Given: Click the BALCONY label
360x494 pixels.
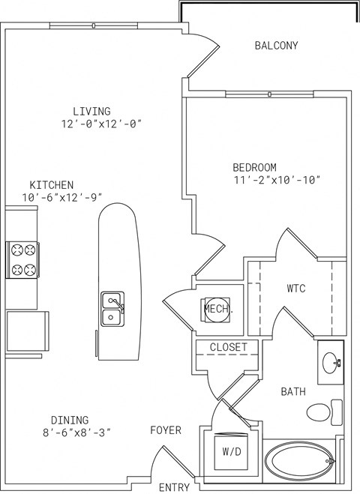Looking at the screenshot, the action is tap(276, 46).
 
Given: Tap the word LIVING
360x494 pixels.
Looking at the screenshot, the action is tap(91, 111).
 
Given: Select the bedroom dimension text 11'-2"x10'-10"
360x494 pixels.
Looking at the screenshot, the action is tap(277, 180).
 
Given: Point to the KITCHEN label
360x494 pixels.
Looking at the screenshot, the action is tap(52, 184).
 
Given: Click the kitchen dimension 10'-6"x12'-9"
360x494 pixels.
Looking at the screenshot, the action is tap(62, 198).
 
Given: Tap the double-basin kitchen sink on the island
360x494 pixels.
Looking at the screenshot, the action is tap(112, 309).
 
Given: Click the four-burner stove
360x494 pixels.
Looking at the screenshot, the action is tap(22, 260).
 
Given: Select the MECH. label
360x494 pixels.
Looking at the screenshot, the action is tap(219, 309).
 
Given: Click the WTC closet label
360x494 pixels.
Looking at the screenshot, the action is tap(296, 289).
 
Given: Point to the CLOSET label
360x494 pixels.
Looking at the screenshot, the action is tap(229, 347).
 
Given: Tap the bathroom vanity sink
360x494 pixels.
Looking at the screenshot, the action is tap(331, 363).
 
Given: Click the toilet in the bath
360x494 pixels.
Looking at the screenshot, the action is tap(324, 412).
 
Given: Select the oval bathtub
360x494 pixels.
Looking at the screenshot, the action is tap(298, 460).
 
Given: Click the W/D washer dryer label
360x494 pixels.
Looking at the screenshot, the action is tap(232, 452).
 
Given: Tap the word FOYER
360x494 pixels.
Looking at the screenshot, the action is tap(166, 430).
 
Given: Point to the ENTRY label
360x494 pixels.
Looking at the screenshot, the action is tap(174, 487).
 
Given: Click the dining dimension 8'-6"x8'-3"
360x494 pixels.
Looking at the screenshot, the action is tap(77, 433).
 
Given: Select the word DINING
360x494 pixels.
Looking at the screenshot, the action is tap(70, 420).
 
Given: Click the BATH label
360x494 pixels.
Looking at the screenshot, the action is tap(293, 391).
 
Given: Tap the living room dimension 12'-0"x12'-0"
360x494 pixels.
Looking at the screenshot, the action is tap(101, 124).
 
